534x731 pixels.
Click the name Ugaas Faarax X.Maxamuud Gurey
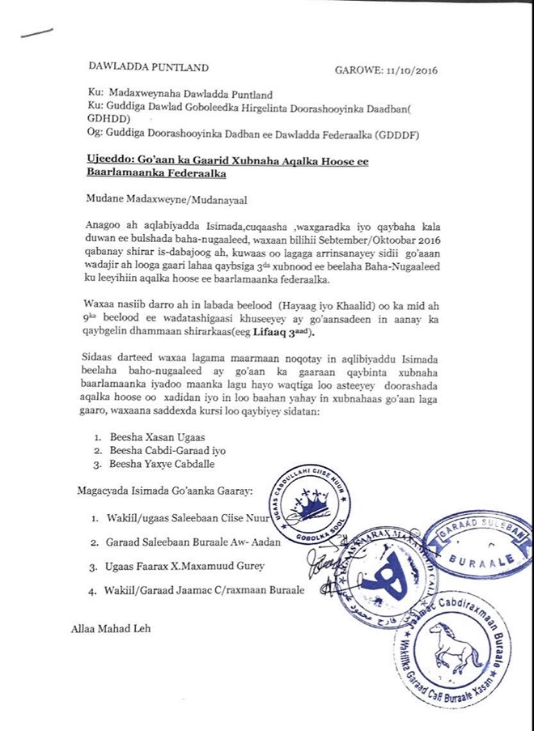(187, 566)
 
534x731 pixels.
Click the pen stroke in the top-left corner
(34, 34)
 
